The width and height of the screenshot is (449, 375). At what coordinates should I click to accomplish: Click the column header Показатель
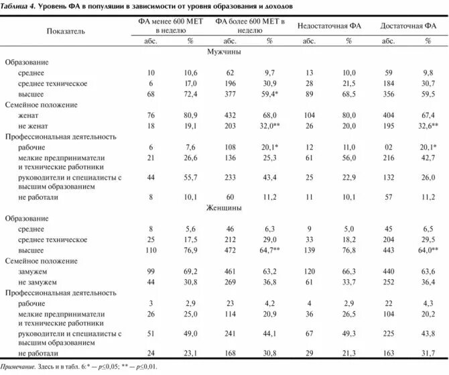[66, 31]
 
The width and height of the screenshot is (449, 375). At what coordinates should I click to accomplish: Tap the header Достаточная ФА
[408, 25]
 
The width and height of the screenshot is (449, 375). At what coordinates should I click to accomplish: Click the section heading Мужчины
[224, 51]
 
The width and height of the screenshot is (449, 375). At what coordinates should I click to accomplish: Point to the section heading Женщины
[224, 208]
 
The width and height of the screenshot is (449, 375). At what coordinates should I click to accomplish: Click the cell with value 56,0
[348, 157]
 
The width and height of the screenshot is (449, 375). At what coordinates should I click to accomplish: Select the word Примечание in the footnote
[18, 366]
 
